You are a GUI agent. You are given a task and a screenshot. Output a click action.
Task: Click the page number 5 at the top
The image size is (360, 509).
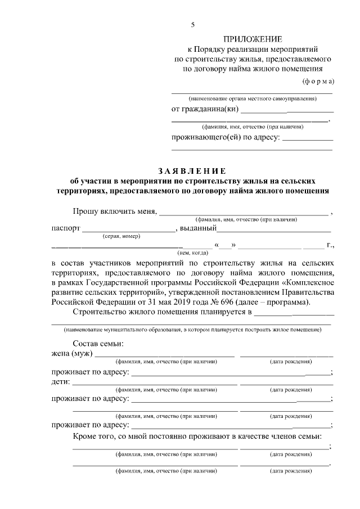pos(192,25)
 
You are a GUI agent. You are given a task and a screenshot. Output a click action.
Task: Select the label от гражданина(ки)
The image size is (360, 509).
pos(206,109)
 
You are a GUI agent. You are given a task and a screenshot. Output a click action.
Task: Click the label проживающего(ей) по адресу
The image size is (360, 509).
pos(225,138)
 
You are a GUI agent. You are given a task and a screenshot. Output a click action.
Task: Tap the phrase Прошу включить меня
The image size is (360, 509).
pos(115,211)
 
